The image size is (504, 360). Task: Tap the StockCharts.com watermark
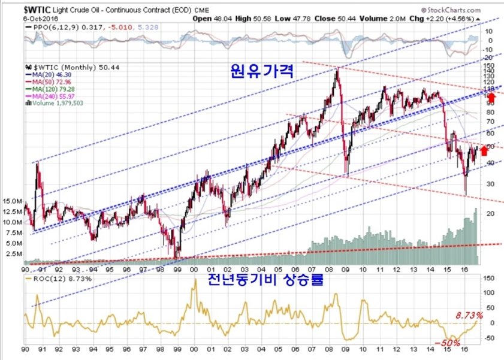coord(451,10)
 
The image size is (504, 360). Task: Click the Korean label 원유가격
coord(262,72)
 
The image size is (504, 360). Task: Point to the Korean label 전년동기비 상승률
coord(265,279)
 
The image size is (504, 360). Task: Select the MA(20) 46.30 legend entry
coord(49,75)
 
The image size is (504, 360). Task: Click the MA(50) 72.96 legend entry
coord(49,82)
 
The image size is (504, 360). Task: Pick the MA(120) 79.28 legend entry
coord(50,89)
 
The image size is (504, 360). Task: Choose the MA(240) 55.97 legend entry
coord(50,96)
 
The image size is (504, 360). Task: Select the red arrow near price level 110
coord(492,98)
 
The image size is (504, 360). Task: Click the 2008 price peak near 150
coord(336,70)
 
